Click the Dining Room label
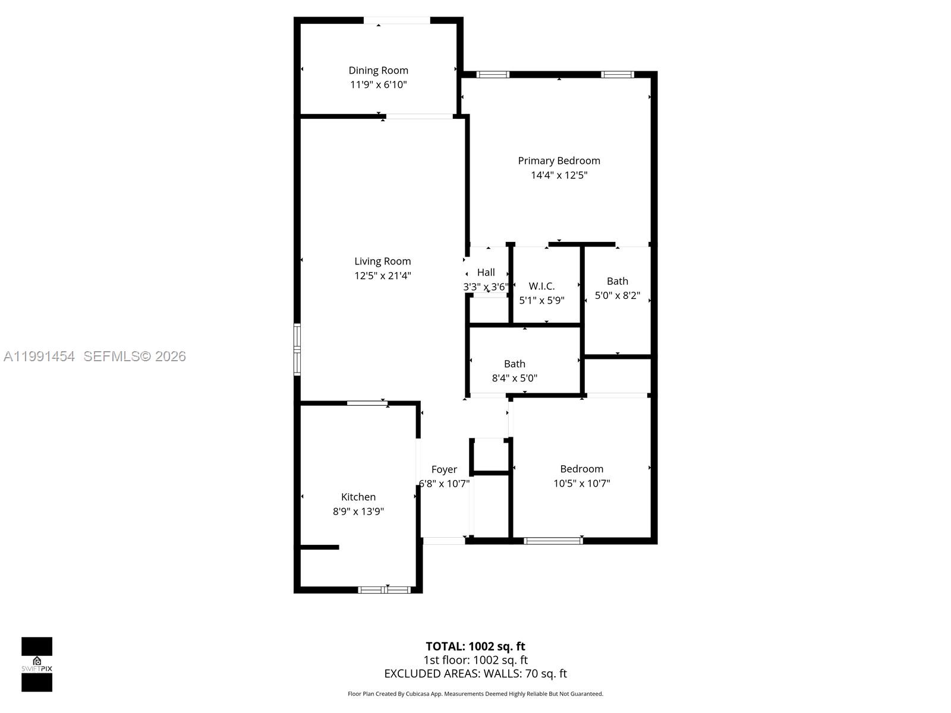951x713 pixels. pos(378,70)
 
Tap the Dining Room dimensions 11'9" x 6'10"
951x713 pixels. pos(378,84)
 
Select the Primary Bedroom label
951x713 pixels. pos(559,160)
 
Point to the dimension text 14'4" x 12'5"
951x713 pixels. pos(559,175)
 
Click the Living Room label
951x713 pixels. pos(382,261)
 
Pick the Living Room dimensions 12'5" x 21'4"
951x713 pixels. pos(382,275)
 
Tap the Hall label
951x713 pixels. pos(486,272)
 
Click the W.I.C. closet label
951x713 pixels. pos(541,286)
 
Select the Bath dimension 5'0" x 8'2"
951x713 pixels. pos(617,295)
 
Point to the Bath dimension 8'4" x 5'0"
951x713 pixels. pos(514,378)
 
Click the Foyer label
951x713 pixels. pos(444,469)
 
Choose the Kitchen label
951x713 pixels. pos(358,497)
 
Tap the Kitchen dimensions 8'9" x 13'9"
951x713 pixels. pos(358,511)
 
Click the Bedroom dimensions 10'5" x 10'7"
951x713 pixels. pos(581,483)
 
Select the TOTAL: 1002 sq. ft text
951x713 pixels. pos(475,646)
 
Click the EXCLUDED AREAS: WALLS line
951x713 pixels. pos(475,673)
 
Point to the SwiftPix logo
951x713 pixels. pos(37,664)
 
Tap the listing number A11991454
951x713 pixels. pos(39,356)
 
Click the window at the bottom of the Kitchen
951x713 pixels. pos(385,589)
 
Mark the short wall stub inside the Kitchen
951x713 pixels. pos(320,547)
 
